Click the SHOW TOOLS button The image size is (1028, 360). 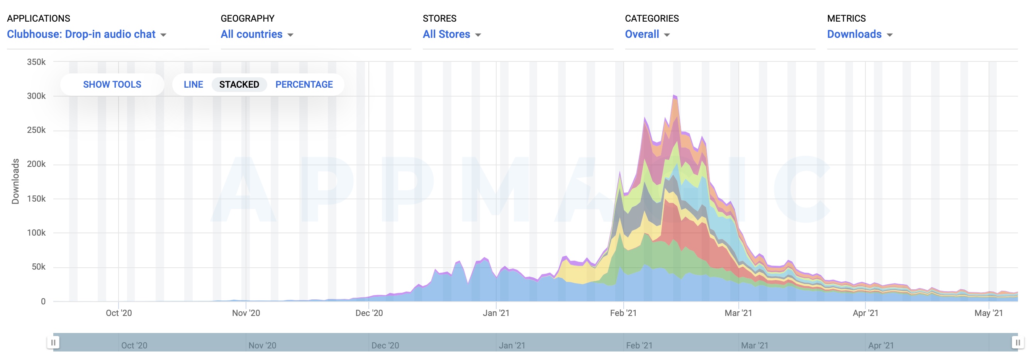112,85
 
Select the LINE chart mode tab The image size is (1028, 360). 193,85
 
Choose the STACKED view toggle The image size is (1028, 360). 239,85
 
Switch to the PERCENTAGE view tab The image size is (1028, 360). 304,85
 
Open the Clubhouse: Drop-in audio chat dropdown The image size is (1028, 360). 86,34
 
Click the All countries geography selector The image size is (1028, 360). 256,34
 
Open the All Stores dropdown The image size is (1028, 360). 451,34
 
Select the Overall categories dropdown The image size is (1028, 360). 647,34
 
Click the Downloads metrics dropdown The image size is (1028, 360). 859,34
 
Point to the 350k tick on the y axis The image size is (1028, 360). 36,62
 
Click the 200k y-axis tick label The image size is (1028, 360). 36,164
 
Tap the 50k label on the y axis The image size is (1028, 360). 38,267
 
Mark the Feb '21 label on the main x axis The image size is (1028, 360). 623,313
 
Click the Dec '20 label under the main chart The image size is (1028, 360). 369,313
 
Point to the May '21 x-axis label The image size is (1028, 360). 988,313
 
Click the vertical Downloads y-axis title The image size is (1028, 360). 15,182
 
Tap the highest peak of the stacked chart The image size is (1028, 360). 674,96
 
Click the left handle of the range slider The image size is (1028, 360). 53,343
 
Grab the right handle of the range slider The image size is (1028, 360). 1017,343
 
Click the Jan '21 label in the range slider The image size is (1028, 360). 512,345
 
